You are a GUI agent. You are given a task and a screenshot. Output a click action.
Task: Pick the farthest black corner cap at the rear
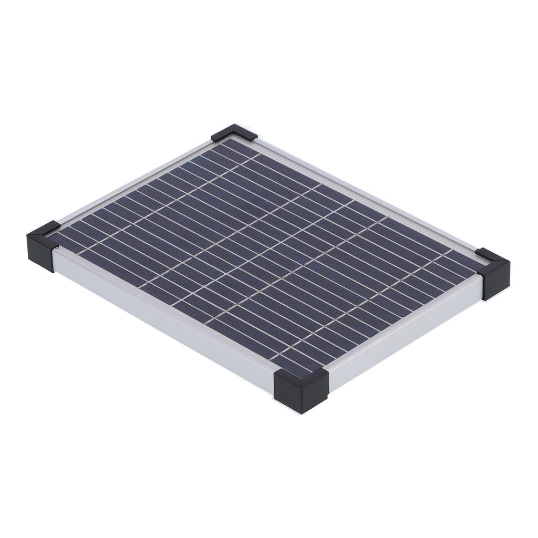234,132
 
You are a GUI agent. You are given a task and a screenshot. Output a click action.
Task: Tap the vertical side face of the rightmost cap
496,281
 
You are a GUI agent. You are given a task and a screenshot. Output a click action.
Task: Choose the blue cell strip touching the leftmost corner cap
68,239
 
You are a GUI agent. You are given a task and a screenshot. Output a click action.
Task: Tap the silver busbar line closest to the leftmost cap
84,247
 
